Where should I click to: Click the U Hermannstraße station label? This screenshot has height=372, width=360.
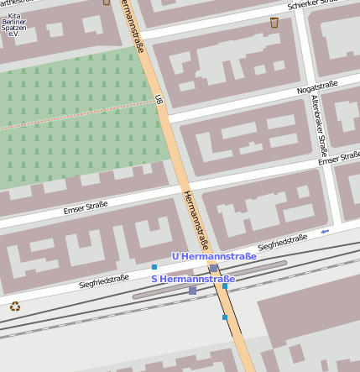[214, 256]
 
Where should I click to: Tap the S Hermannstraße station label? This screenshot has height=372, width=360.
[192, 278]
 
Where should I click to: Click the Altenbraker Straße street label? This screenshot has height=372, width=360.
[317, 125]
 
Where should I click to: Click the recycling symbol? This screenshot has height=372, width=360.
[14, 307]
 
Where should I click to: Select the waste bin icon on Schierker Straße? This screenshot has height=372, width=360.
[274, 23]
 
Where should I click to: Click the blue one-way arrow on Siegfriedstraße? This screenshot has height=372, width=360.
[325, 231]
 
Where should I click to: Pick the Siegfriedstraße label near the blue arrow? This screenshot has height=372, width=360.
[283, 243]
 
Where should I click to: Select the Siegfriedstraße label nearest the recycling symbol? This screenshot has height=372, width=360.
[103, 281]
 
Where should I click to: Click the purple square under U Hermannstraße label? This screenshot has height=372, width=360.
[213, 268]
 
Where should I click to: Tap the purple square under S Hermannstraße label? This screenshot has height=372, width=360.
[192, 290]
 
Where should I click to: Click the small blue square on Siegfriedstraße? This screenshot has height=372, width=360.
[154, 267]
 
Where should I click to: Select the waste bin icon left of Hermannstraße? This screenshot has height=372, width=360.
[107, 2]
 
